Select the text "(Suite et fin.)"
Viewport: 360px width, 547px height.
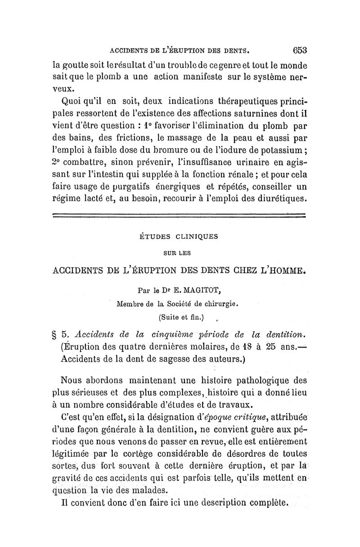tap(181, 318)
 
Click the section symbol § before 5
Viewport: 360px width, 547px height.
tap(56, 335)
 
